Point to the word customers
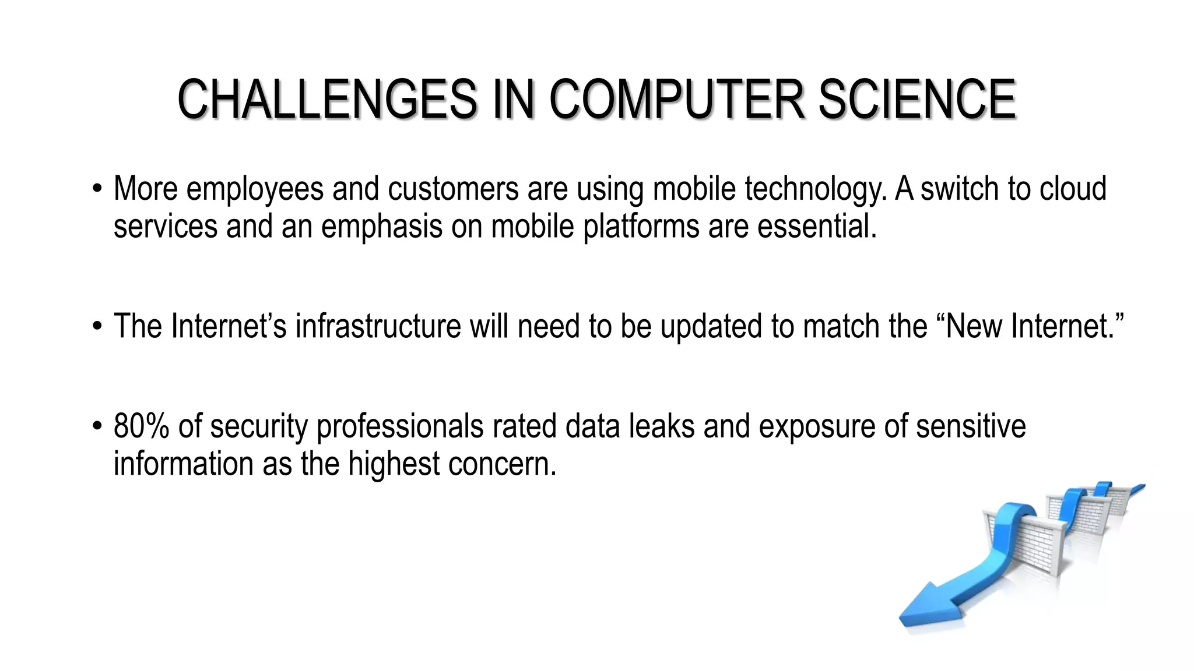point(453,189)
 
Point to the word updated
point(711,326)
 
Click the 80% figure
point(142,426)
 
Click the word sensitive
point(971,426)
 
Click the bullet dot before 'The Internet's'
point(97,327)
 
